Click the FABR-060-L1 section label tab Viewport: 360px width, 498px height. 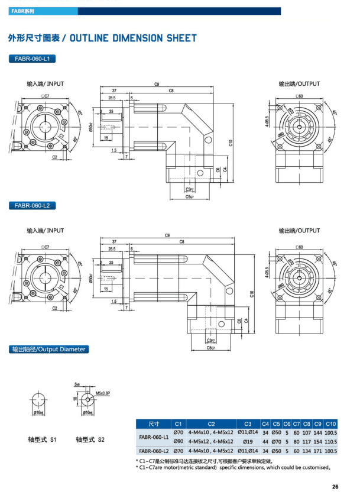pyautogui.click(x=33, y=59)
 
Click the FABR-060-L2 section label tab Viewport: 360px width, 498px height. pyautogui.click(x=33, y=206)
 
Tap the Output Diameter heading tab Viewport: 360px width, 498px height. pyautogui.click(x=48, y=349)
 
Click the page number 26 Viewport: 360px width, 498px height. pyautogui.click(x=335, y=487)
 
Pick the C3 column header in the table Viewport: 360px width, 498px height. pyautogui.click(x=248, y=423)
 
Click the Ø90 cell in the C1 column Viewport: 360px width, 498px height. pyautogui.click(x=178, y=441)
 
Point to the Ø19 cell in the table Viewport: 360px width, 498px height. pyautogui.click(x=247, y=441)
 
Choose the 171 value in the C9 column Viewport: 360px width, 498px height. pyautogui.click(x=318, y=450)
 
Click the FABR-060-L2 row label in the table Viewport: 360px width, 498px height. pyautogui.click(x=154, y=450)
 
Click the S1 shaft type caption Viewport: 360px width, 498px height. pyautogui.click(x=42, y=440)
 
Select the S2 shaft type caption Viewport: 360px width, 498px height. pyautogui.click(x=90, y=440)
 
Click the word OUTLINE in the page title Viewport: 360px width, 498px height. pyautogui.click(x=89, y=38)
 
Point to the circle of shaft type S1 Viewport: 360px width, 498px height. pyautogui.click(x=40, y=401)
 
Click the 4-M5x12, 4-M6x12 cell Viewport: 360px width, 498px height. pyautogui.click(x=211, y=441)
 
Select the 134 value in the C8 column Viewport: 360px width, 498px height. pyautogui.click(x=306, y=450)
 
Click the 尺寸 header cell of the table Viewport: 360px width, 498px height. pyautogui.click(x=154, y=423)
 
